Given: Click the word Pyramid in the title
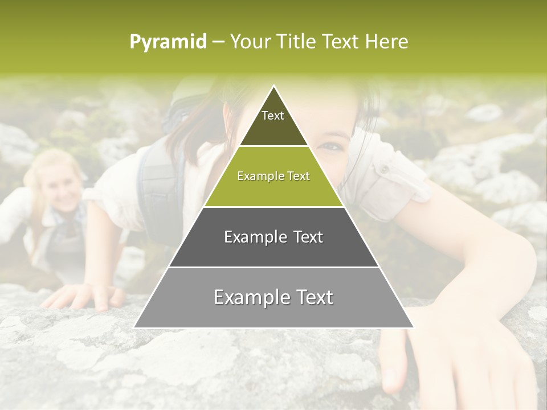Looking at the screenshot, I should (x=168, y=42).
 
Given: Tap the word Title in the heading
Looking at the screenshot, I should (x=296, y=42).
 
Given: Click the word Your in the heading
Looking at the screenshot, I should (x=250, y=42).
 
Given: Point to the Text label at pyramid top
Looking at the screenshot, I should (x=273, y=116).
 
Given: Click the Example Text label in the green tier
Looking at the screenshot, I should (x=273, y=177).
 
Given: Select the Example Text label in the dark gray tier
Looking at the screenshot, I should (x=273, y=237).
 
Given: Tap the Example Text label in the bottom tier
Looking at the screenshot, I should (x=273, y=297).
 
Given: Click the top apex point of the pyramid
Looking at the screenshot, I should (x=274, y=86).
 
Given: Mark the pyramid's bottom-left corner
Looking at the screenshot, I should (x=134, y=327).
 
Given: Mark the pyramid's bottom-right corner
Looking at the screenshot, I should (x=414, y=327).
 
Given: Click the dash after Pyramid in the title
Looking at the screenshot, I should (x=218, y=42).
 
